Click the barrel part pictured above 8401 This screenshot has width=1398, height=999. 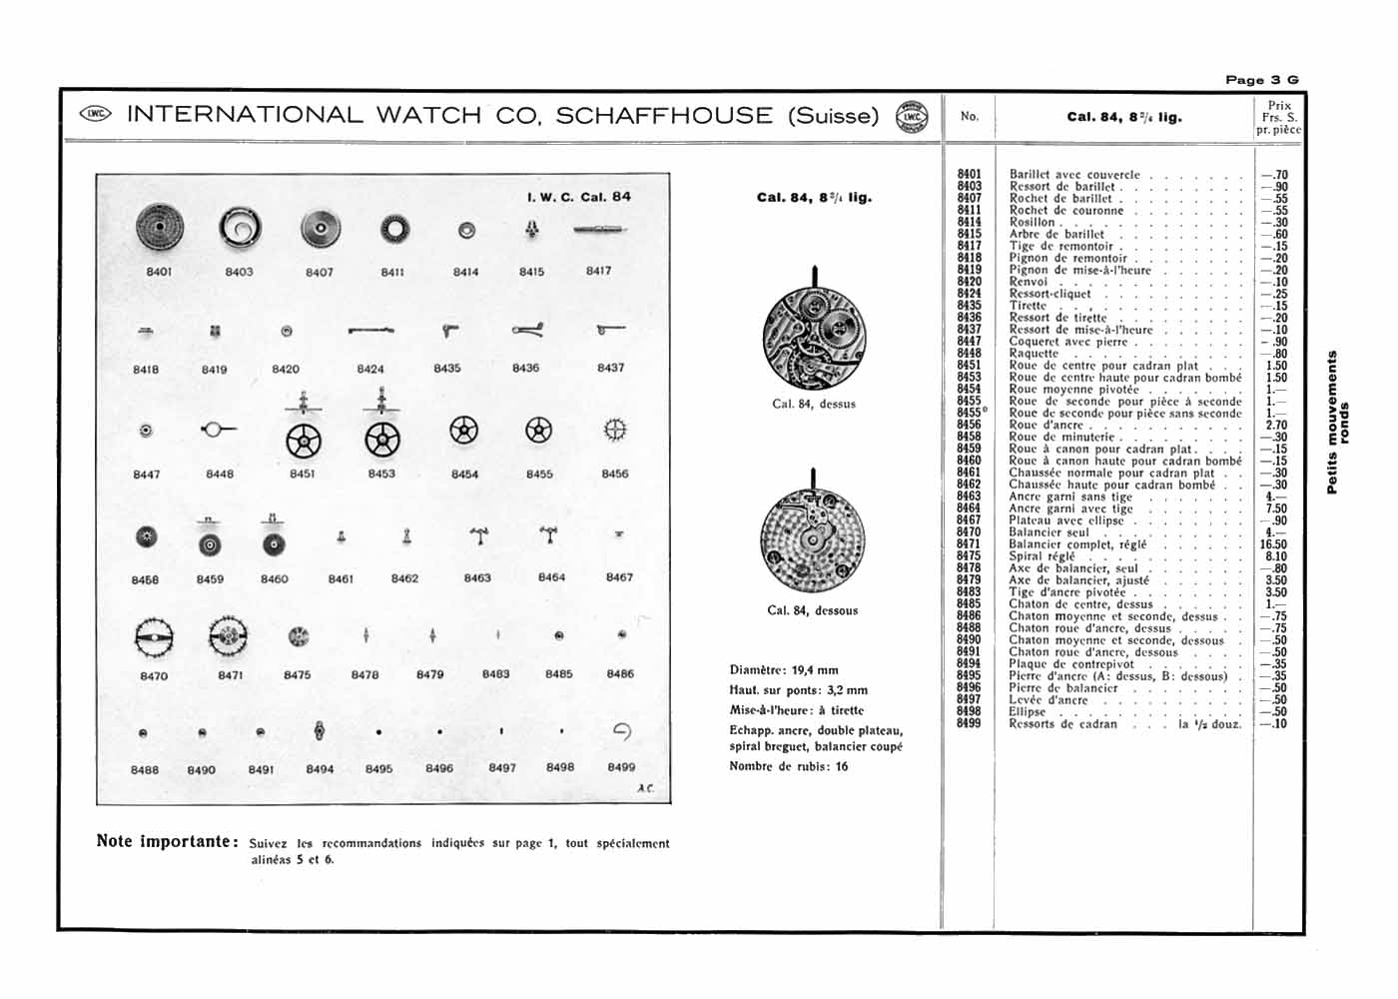pyautogui.click(x=159, y=229)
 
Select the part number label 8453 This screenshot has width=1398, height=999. pyautogui.click(x=381, y=474)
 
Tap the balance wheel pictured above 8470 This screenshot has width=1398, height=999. pyautogui.click(x=154, y=636)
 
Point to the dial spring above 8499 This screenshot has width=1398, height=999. pyautogui.click(x=621, y=732)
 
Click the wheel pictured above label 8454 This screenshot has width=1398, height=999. pyautogui.click(x=463, y=431)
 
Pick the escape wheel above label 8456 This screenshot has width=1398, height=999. pyautogui.click(x=615, y=431)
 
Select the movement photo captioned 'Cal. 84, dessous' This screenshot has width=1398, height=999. pyautogui.click(x=813, y=540)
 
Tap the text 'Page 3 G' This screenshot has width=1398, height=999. pyautogui.click(x=1262, y=80)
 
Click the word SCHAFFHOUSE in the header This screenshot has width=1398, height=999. pyautogui.click(x=664, y=116)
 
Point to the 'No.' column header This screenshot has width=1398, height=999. pyautogui.click(x=969, y=117)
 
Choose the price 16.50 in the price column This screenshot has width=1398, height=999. pyautogui.click(x=1274, y=544)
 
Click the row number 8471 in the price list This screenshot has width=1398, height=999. pyautogui.click(x=969, y=544)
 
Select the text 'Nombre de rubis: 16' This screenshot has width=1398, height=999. pyautogui.click(x=789, y=766)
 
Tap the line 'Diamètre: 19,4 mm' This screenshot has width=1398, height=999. pyautogui.click(x=784, y=670)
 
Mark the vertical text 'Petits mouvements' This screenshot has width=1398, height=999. pyautogui.click(x=1331, y=422)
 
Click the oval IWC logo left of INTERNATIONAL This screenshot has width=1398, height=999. pyautogui.click(x=96, y=114)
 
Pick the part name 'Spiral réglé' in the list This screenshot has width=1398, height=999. pyautogui.click(x=1043, y=556)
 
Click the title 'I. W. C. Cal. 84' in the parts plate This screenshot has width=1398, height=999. pyautogui.click(x=578, y=197)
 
